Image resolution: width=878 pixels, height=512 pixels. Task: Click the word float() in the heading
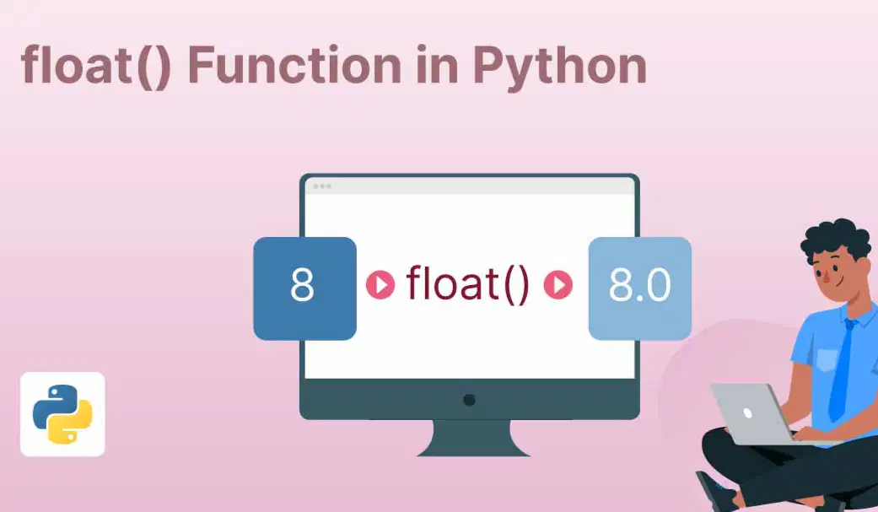[x=96, y=66]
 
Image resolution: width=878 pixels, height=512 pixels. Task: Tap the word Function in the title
[x=294, y=65]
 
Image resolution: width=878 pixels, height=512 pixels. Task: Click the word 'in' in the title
[x=437, y=65]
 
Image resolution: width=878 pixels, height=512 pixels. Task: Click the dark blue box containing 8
[x=304, y=288]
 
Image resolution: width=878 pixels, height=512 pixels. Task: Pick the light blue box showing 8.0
[x=640, y=288]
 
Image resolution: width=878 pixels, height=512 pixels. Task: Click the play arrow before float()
[x=380, y=284]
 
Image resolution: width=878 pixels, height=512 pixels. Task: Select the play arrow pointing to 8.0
[x=558, y=284]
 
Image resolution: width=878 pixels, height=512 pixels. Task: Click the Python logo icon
[x=62, y=414]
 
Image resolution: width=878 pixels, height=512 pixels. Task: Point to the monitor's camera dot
[x=470, y=400]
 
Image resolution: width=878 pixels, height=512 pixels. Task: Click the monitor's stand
[x=472, y=438]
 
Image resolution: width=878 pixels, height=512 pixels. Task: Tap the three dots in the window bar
[x=322, y=186]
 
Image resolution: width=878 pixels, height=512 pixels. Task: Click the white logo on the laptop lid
[x=747, y=413]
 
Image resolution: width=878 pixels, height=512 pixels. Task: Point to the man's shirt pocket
[x=827, y=359]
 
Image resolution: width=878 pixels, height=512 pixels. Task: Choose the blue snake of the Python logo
[x=52, y=404]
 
